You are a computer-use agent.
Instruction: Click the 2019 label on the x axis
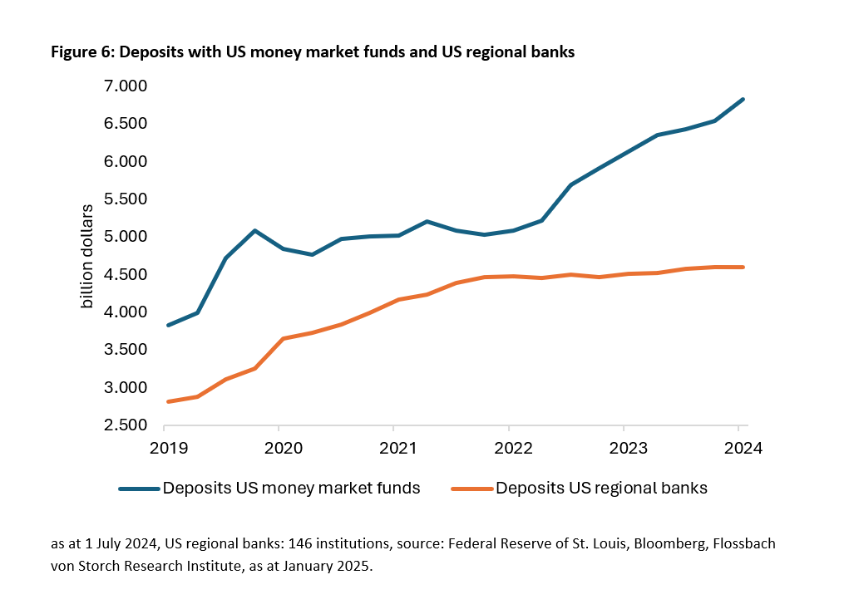pos(164,447)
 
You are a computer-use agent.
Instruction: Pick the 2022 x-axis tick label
pos(509,447)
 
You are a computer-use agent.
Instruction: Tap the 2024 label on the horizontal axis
pos(738,447)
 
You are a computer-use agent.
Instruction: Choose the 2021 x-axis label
pos(393,447)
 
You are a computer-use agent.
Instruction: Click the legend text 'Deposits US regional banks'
pos(601,489)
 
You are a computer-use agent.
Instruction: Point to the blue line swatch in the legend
pos(139,489)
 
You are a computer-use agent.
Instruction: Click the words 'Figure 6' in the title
pos(77,52)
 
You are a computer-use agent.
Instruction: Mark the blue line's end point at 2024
pos(743,100)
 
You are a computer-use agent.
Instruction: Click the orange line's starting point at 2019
pos(168,401)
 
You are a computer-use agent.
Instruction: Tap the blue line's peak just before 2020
pos(254,230)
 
